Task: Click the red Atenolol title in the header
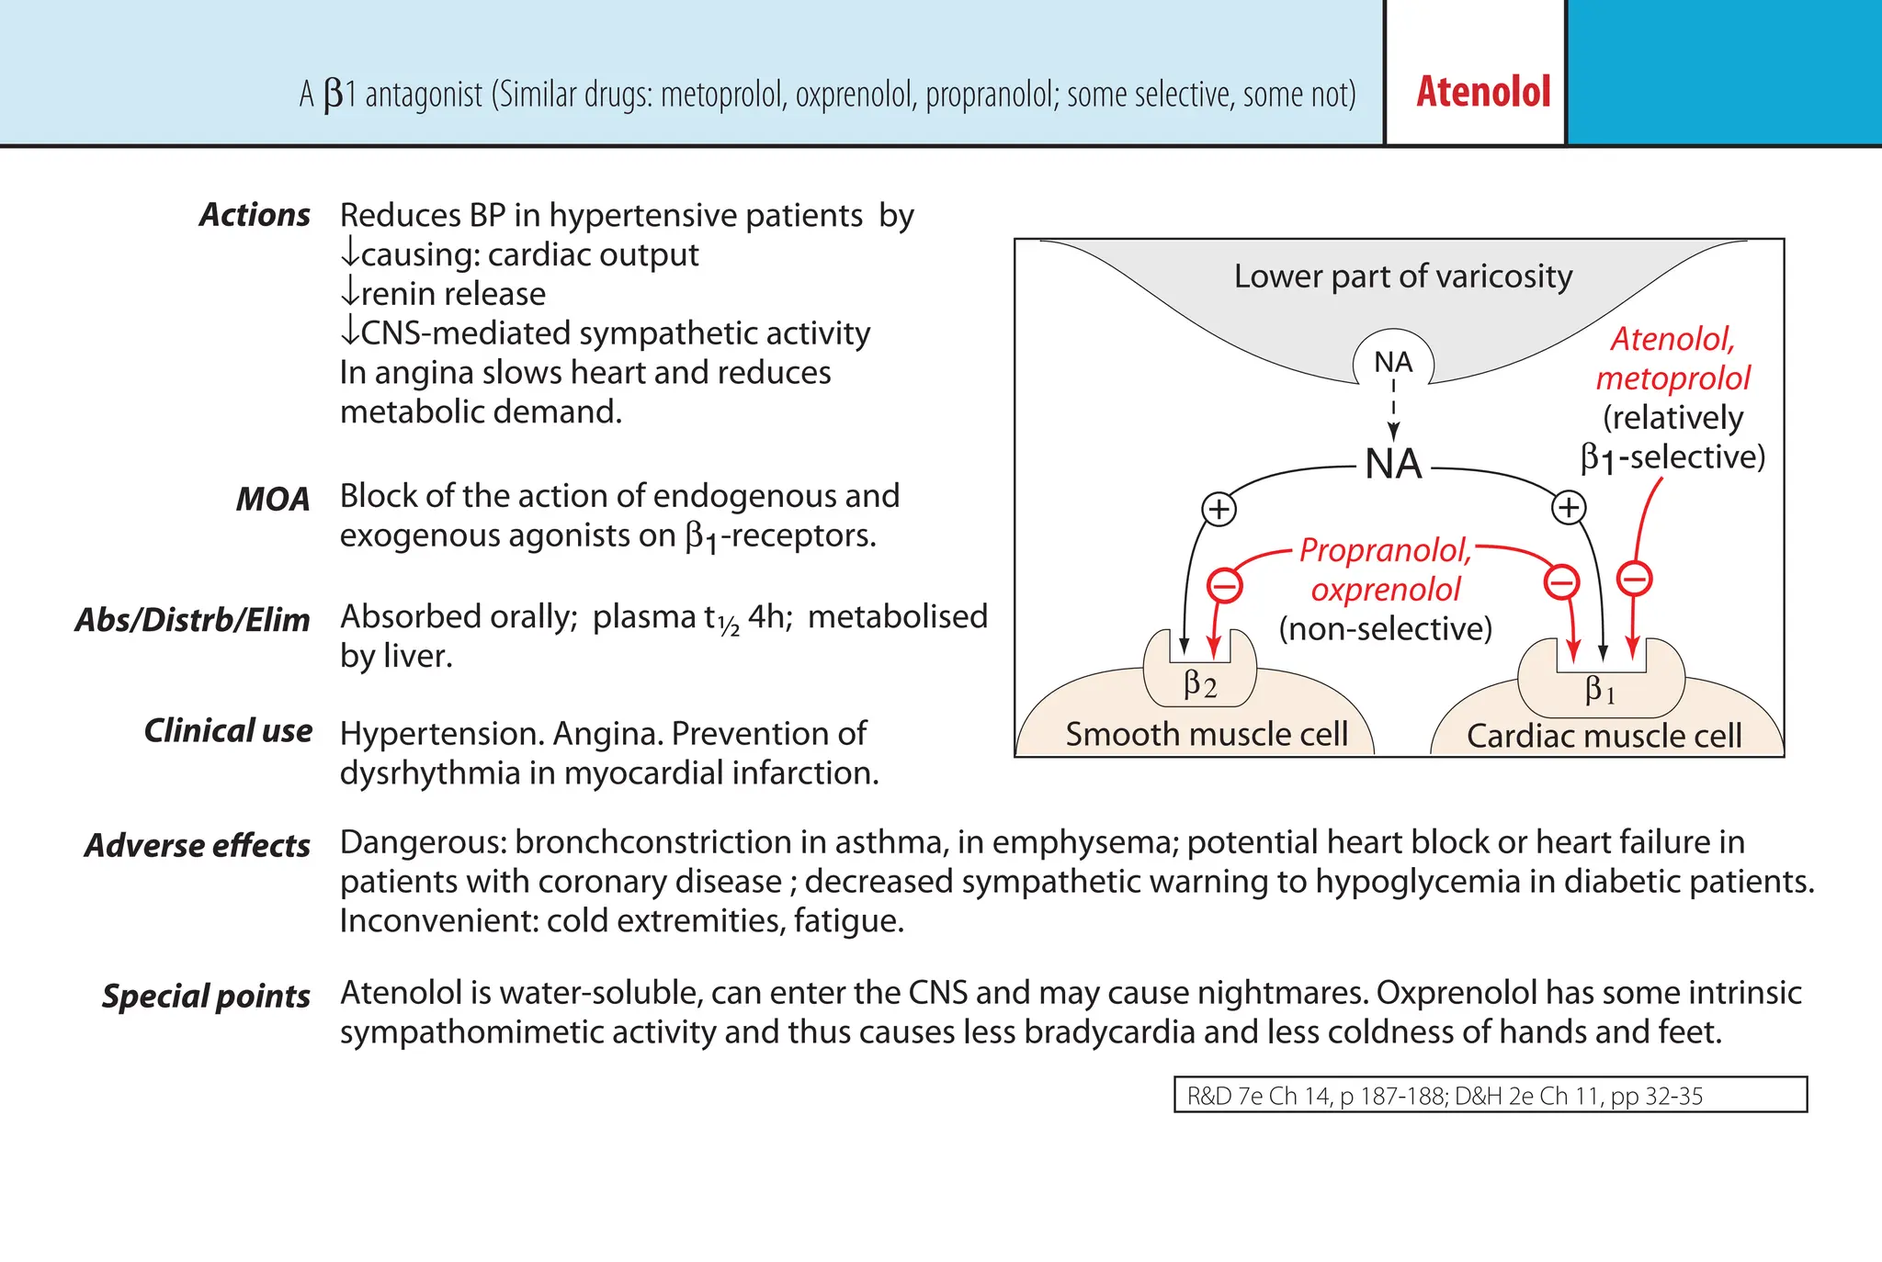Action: click(1482, 92)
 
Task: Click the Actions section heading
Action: click(255, 215)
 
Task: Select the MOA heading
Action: click(272, 499)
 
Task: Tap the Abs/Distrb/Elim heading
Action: click(192, 620)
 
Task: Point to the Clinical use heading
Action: click(228, 731)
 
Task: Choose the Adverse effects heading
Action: click(197, 845)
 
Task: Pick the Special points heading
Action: click(206, 996)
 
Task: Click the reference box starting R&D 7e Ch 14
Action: click(1490, 1095)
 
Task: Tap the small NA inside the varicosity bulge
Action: click(1392, 362)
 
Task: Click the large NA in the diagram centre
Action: click(1393, 464)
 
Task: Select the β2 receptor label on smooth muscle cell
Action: click(1200, 684)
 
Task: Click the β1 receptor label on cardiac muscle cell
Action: click(1600, 689)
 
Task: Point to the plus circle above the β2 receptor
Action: click(1219, 509)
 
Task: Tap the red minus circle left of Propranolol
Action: click(1224, 584)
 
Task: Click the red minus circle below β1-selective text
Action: click(1634, 579)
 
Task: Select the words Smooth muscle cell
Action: click(1206, 734)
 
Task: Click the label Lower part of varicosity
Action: click(1402, 276)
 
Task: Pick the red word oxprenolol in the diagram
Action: click(1385, 590)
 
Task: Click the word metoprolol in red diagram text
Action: click(1672, 378)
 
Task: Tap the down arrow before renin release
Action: click(349, 293)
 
